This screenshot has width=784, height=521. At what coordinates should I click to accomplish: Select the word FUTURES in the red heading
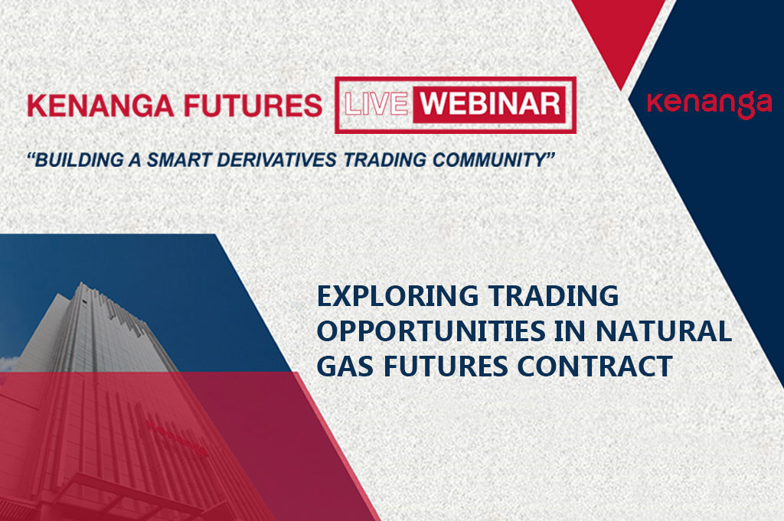tap(253, 106)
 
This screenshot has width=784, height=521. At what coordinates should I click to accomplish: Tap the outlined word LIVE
tap(376, 104)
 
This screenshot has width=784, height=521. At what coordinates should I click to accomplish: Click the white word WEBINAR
tap(490, 103)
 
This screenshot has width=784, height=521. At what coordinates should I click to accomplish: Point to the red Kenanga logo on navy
tap(709, 103)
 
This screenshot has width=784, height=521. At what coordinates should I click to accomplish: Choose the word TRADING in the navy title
tap(554, 296)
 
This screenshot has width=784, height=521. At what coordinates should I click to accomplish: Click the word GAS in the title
tap(345, 366)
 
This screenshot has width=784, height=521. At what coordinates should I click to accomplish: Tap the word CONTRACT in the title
tap(594, 366)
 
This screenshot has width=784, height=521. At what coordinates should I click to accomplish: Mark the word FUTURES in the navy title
tap(446, 366)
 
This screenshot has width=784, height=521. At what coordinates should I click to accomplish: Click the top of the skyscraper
tap(80, 285)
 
